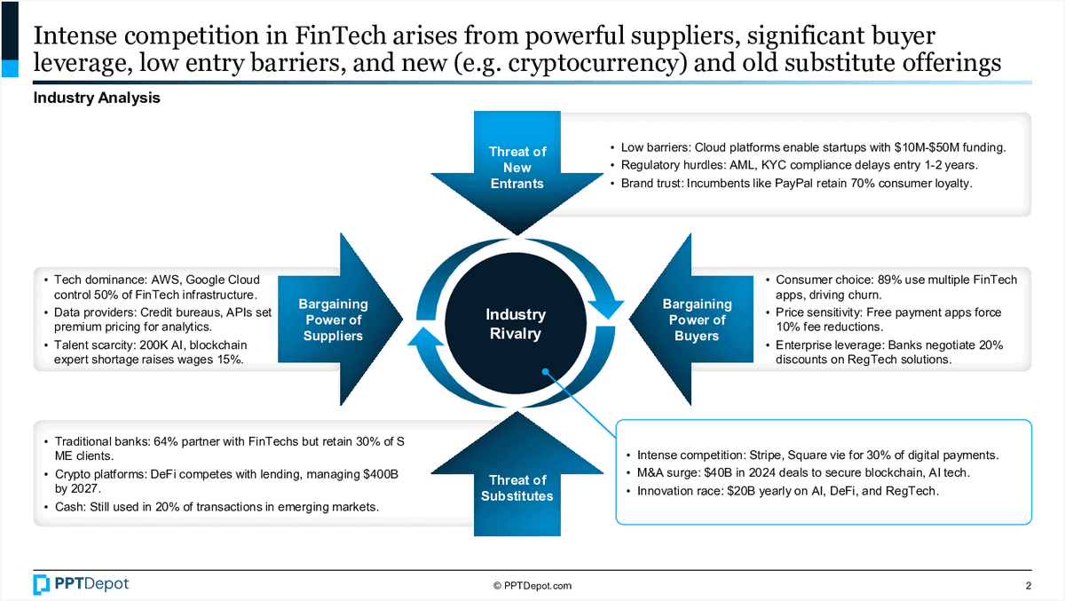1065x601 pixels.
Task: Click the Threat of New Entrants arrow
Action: pyautogui.click(x=517, y=167)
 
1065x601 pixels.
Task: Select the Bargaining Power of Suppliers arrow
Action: pyautogui.click(x=333, y=320)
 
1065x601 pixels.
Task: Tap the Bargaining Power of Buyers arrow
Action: pyautogui.click(x=696, y=320)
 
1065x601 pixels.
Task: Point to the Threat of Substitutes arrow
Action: pyautogui.click(x=517, y=487)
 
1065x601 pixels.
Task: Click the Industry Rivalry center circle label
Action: pyautogui.click(x=516, y=324)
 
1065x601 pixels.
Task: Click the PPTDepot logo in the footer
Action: pyautogui.click(x=81, y=584)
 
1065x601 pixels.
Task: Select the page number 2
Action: pyautogui.click(x=1029, y=585)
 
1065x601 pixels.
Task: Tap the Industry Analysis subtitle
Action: pyautogui.click(x=97, y=99)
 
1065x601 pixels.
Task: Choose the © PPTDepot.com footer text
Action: pyautogui.click(x=532, y=585)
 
